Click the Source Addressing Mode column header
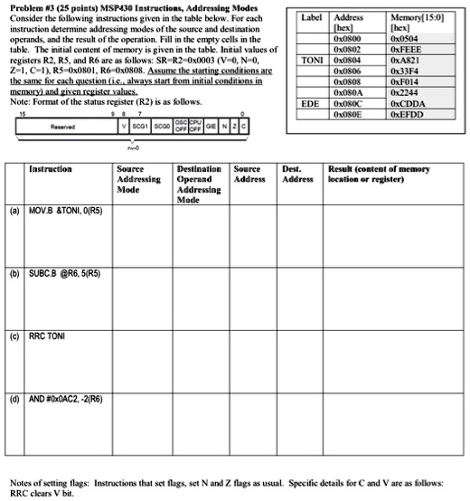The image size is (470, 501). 140,179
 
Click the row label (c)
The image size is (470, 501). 14,336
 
